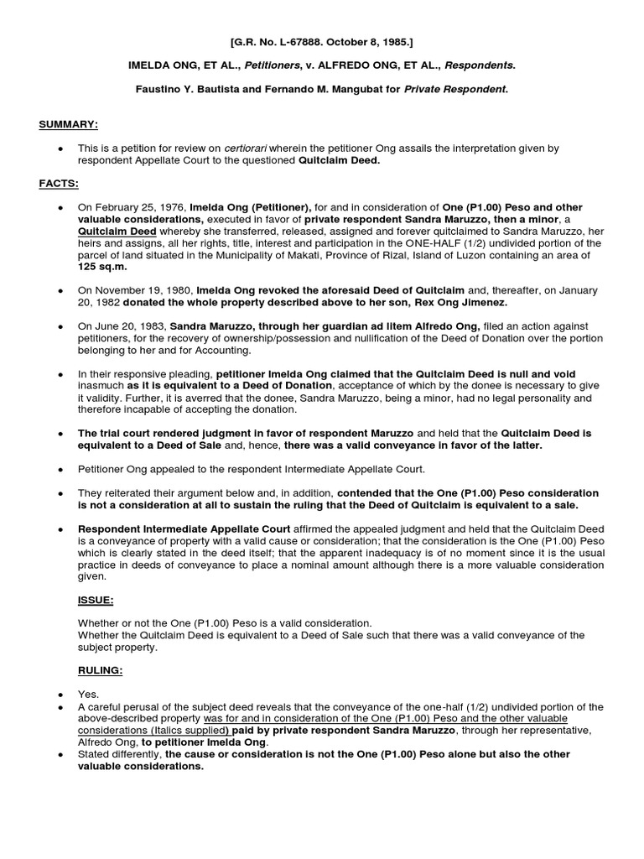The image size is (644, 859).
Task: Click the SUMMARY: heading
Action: (x=69, y=125)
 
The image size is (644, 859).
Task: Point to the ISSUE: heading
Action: (x=95, y=601)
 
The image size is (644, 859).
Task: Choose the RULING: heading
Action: (x=100, y=671)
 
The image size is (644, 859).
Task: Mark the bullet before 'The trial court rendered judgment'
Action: (x=60, y=434)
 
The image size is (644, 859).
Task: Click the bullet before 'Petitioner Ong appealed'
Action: (x=60, y=469)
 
